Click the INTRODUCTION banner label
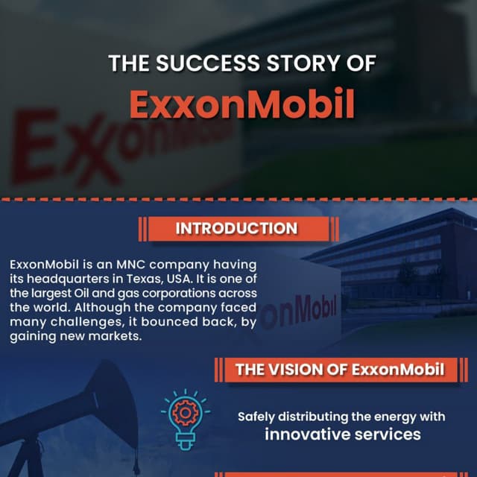[x=236, y=229]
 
